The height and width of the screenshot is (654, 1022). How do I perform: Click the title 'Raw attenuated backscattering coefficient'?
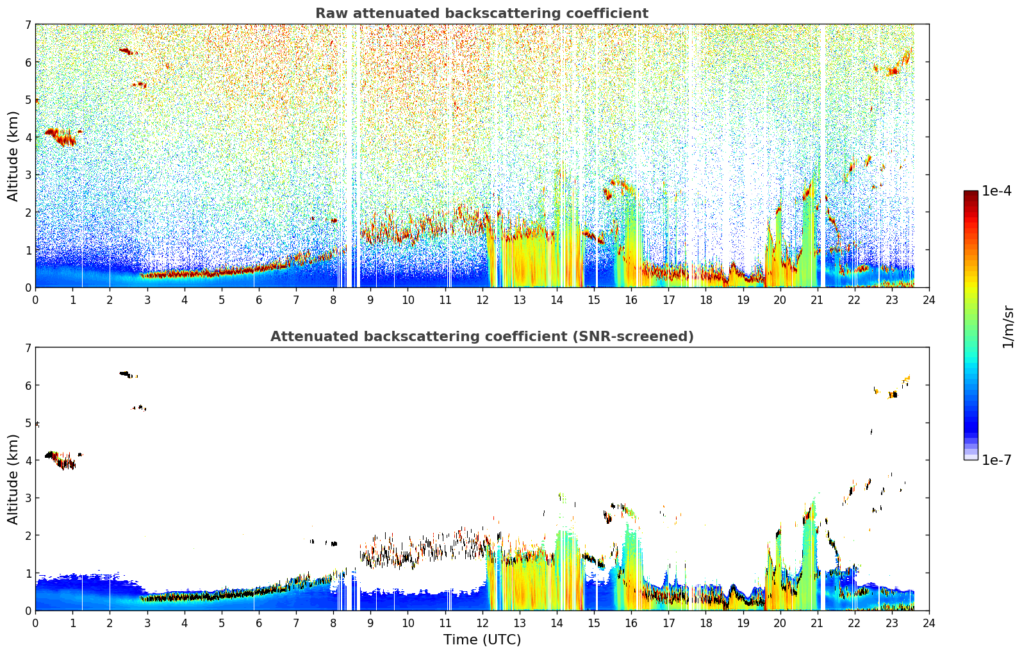pos(482,13)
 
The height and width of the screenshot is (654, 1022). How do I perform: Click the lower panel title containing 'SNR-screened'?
pos(482,336)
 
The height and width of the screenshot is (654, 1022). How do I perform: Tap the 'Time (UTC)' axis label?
pos(482,639)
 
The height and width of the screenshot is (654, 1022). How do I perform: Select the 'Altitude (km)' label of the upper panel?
pos(13,156)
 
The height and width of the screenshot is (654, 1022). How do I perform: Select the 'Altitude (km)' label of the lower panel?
pos(13,479)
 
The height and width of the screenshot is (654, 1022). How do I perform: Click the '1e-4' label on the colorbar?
pos(996,191)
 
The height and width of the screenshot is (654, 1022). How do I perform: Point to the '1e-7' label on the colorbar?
pos(996,460)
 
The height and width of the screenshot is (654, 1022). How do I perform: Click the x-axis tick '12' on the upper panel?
pos(482,300)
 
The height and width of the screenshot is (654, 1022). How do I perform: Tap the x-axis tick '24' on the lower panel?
pos(929,623)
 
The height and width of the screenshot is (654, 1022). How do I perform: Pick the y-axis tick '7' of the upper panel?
pos(28,24)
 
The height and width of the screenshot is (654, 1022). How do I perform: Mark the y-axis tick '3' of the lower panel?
pos(28,498)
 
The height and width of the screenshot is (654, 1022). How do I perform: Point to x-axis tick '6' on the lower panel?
pos(259,623)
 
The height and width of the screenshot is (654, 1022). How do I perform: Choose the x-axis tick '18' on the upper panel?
pos(706,300)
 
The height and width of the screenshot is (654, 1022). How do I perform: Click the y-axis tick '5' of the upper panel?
pos(28,99)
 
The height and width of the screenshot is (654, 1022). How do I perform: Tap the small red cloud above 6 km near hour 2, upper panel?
pos(128,51)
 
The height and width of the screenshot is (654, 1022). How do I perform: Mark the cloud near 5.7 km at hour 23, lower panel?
pos(893,394)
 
